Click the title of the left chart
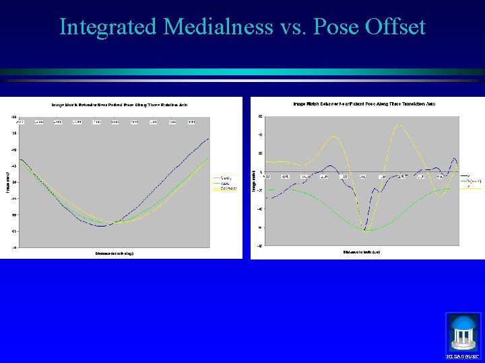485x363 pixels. click(x=121, y=104)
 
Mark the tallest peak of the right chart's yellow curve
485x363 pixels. click(x=399, y=124)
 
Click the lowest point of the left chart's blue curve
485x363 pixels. click(x=100, y=226)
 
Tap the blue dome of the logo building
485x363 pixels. click(x=463, y=322)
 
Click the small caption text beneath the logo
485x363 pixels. click(x=463, y=355)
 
